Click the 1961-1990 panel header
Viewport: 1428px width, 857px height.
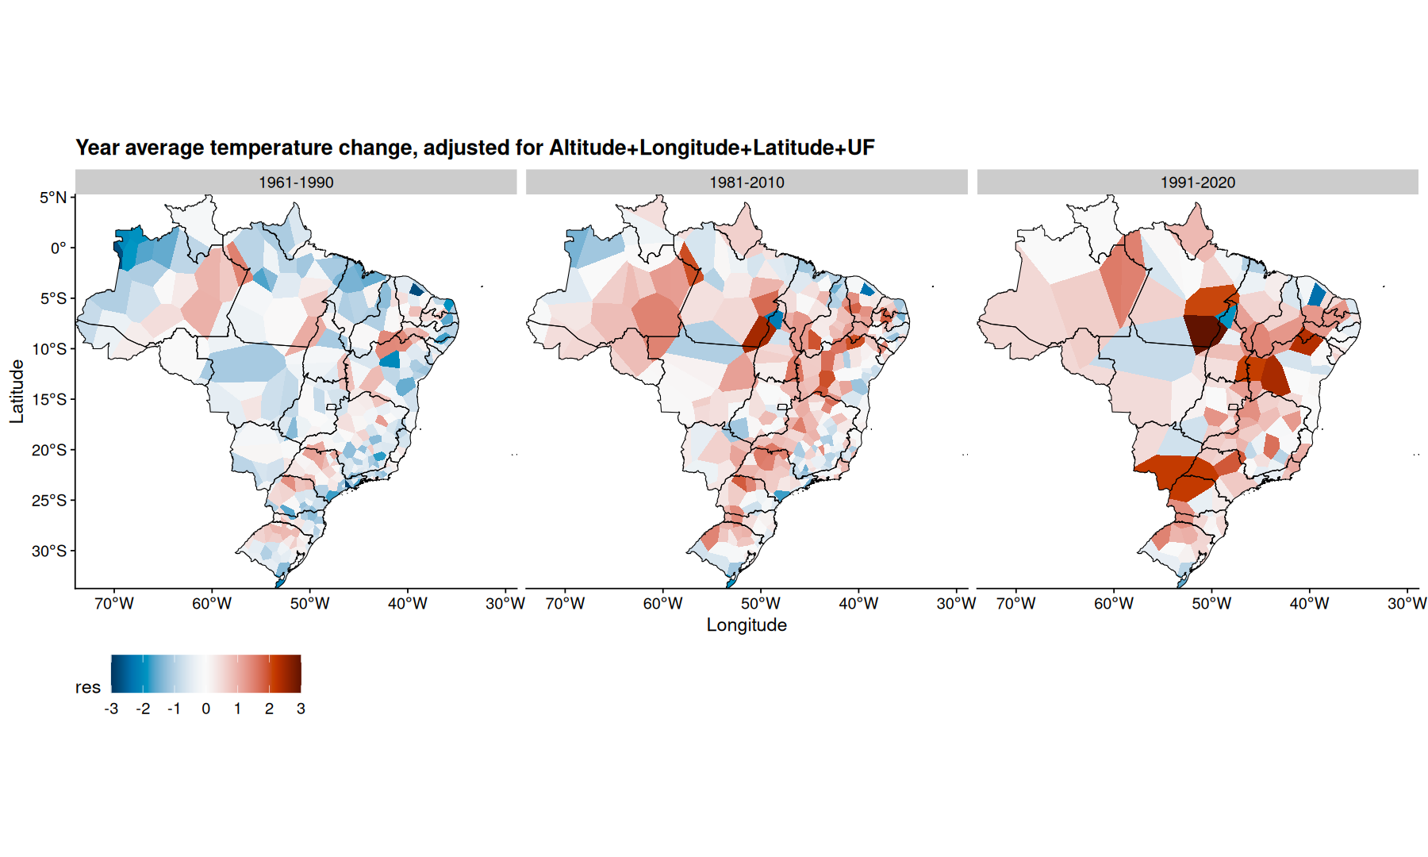coord(296,182)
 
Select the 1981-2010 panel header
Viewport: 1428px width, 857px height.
coord(747,182)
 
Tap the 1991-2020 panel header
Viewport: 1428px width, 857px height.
coord(1197,182)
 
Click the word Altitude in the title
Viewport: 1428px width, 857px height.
coord(587,148)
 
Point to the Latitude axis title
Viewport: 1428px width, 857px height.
coord(17,391)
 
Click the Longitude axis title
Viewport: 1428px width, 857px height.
coord(747,625)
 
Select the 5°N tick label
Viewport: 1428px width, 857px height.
coord(53,198)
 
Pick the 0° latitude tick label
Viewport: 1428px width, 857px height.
coord(59,248)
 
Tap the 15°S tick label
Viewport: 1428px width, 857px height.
coord(49,399)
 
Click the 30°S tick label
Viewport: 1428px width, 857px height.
coord(49,551)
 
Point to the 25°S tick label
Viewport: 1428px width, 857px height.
coord(49,501)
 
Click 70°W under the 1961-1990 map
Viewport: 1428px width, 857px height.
coord(114,604)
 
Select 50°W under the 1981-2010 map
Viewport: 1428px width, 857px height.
coord(761,604)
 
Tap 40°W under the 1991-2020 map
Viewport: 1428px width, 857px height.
coord(1309,604)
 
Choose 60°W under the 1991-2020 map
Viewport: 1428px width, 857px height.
coord(1114,604)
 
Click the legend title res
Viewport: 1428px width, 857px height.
coord(88,687)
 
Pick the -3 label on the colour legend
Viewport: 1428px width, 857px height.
coord(111,709)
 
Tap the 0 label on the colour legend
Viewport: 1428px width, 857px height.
coord(206,709)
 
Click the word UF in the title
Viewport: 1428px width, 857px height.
coord(861,148)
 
